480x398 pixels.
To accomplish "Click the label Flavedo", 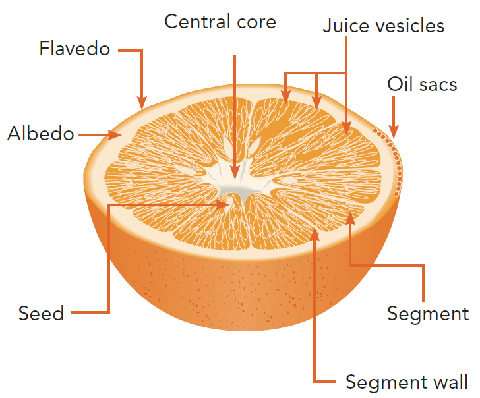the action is [x=75, y=49].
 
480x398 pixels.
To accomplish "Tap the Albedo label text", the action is [x=41, y=134].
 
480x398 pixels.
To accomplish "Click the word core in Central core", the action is [x=256, y=22].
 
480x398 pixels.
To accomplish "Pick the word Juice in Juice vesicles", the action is [x=346, y=26].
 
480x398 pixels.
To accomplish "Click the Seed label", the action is [x=42, y=313].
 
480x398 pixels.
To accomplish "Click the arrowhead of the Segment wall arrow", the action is [x=315, y=234].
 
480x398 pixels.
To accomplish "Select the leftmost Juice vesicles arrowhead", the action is [x=285, y=98].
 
